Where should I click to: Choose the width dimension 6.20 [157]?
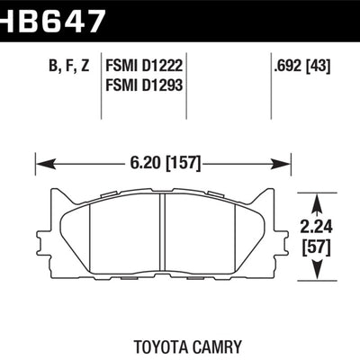[164, 164]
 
